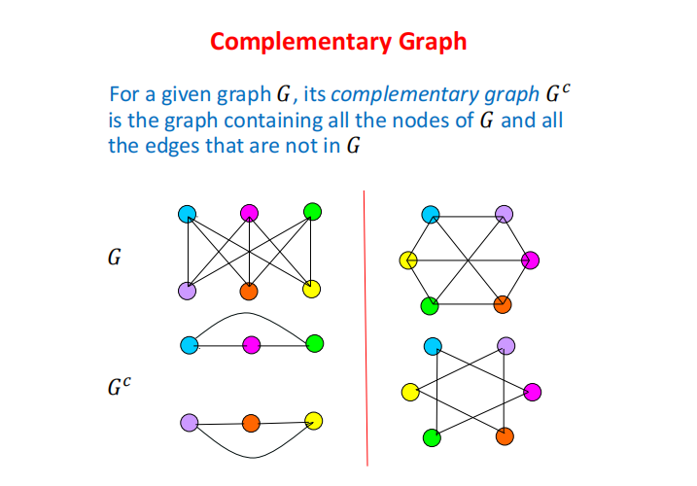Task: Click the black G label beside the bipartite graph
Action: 115,260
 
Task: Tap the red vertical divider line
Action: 366,330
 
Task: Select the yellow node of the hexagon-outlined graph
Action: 409,260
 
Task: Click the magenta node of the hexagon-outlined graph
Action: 530,260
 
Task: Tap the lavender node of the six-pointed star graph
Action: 505,346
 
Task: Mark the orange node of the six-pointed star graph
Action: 504,436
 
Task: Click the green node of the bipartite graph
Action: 311,212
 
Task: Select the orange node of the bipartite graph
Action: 249,290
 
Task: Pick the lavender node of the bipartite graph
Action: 188,290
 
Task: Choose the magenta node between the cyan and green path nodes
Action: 251,343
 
